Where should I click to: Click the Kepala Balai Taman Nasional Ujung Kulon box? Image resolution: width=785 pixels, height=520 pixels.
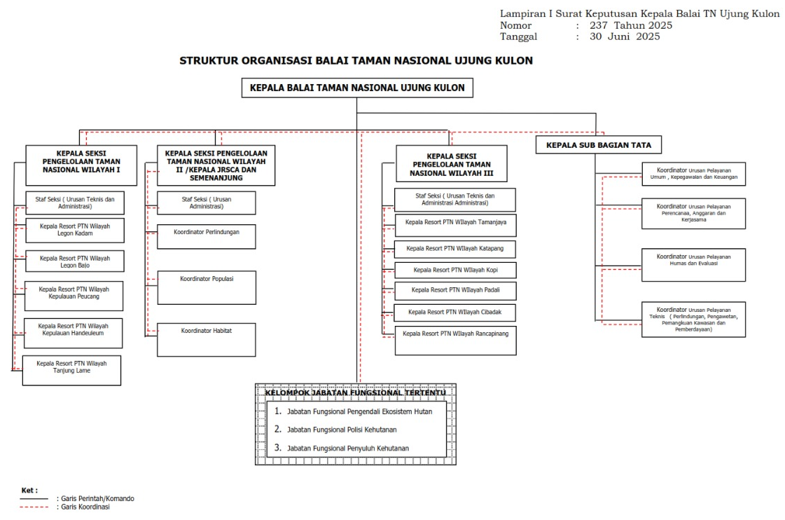pos(356,88)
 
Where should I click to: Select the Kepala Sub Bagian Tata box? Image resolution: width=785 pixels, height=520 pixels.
pos(599,145)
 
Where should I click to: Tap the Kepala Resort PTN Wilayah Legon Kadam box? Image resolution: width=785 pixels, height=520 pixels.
pos(75,230)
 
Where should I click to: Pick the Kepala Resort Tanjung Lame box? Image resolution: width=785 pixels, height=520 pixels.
pos(71,370)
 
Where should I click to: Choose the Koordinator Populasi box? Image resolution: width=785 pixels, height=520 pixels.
pos(206,287)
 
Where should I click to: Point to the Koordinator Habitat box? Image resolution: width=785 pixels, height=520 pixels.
pos(206,339)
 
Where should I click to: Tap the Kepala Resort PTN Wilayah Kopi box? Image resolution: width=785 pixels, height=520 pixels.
pos(455,270)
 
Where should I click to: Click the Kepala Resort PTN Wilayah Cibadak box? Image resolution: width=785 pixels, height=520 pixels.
pos(455,311)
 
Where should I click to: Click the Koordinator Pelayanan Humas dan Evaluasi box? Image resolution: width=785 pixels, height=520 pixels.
pos(693,264)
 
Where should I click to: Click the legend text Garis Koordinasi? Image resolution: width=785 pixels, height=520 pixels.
pos(85,507)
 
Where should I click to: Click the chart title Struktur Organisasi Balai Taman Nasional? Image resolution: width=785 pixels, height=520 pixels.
pos(356,61)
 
